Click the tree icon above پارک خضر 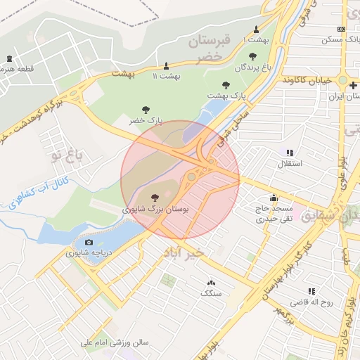(146, 109)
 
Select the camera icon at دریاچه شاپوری (89, 243)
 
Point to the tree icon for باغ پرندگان (252, 56)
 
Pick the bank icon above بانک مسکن (341, 30)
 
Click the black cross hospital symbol (353, 86)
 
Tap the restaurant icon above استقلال (289, 153)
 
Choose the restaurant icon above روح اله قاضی (310, 291)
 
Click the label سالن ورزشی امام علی (115, 343)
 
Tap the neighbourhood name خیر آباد (184, 251)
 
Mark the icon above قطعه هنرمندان (8, 58)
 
